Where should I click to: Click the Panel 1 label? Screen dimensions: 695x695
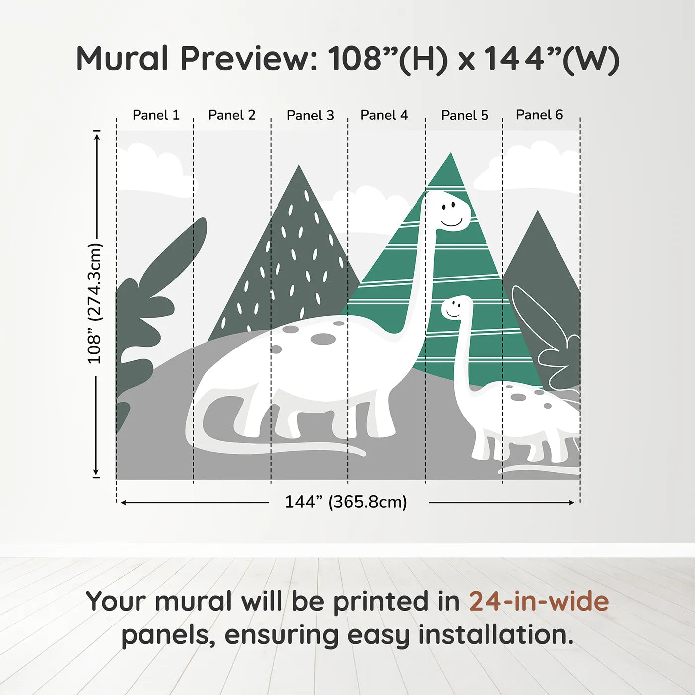[x=155, y=115]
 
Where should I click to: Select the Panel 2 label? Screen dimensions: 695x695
[x=232, y=115]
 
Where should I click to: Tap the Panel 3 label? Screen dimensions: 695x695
[x=310, y=115]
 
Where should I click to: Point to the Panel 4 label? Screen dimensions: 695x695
[x=384, y=115]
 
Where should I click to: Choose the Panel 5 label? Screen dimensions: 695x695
[x=465, y=115]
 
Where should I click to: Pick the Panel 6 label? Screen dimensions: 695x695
[x=539, y=115]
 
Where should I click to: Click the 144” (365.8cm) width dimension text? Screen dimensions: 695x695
[x=346, y=502]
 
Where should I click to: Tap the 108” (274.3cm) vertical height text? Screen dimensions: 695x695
[x=94, y=304]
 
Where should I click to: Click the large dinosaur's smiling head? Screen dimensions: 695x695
[x=449, y=211]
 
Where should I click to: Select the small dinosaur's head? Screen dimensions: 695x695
[x=455, y=308]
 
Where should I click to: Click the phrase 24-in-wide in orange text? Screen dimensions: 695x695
[x=538, y=601]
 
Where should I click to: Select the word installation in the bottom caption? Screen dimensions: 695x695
[x=495, y=635]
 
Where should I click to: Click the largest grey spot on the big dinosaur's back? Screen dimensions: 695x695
[x=323, y=339]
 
